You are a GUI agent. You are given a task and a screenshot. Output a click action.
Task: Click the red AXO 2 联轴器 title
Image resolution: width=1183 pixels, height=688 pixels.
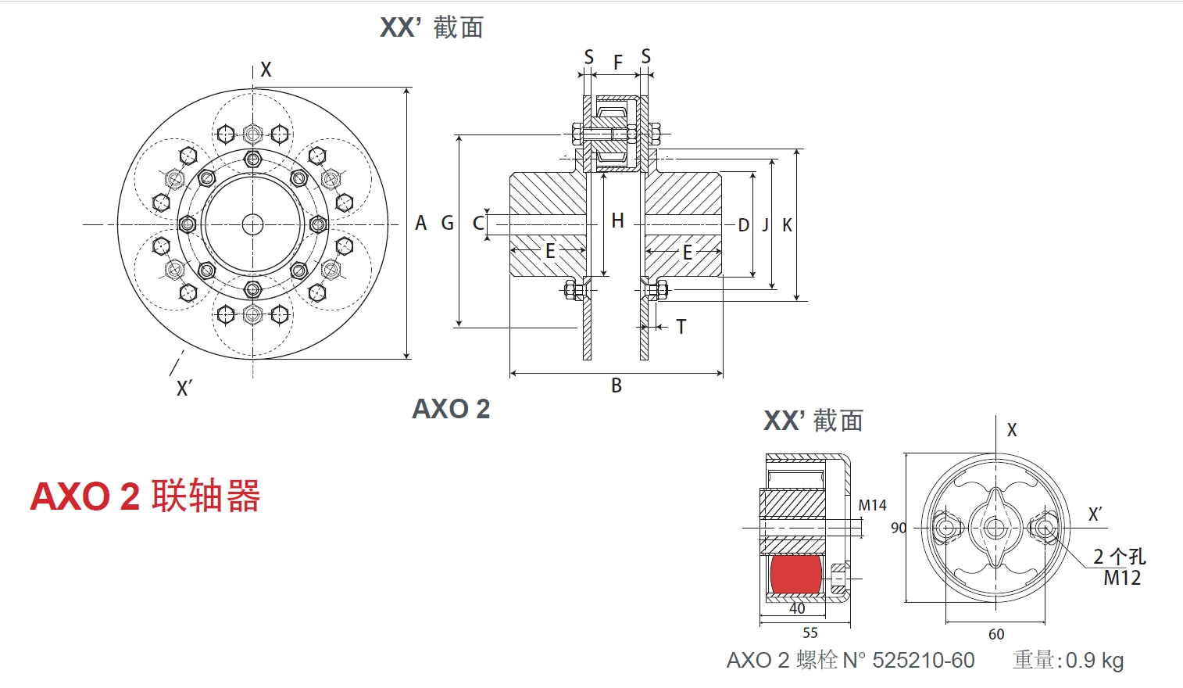(145, 496)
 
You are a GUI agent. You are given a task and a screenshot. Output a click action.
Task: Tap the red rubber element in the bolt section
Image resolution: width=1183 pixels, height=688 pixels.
(795, 574)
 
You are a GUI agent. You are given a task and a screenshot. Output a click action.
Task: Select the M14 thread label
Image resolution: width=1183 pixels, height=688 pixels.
(872, 506)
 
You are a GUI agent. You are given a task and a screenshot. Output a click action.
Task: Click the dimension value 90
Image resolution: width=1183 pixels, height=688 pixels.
(899, 528)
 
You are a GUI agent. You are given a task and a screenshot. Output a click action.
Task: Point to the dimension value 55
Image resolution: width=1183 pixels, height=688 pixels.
(810, 632)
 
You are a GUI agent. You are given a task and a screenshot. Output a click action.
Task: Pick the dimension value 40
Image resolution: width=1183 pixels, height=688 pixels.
(797, 608)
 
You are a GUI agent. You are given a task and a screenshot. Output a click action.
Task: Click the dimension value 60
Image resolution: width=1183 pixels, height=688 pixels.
(996, 634)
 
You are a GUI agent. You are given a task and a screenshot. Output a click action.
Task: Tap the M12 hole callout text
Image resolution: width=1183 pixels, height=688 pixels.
(1122, 578)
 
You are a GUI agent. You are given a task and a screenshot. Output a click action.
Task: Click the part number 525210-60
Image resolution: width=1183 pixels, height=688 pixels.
(923, 661)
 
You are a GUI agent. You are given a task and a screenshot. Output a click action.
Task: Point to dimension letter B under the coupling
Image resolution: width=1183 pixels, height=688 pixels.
(617, 385)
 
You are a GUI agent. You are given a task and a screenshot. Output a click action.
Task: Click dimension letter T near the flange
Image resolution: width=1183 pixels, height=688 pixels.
(681, 327)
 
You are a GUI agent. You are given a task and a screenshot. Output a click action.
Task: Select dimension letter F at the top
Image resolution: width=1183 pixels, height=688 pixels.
(617, 63)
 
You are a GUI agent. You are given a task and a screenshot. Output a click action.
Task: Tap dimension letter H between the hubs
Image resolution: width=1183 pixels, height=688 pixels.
(617, 221)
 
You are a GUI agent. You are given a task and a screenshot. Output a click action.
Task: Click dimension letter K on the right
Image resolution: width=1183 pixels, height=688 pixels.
(787, 225)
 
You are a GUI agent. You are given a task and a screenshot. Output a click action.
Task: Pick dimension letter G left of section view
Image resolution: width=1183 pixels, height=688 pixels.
(447, 224)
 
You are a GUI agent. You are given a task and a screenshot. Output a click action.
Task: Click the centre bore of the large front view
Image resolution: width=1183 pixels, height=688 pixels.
(252, 225)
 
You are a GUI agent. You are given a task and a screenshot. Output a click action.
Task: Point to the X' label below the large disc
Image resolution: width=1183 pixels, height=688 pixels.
(184, 388)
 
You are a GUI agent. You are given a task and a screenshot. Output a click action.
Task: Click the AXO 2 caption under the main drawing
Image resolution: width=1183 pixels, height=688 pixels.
(451, 409)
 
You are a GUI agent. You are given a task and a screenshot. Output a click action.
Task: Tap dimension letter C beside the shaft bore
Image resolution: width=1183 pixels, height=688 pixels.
(477, 224)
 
